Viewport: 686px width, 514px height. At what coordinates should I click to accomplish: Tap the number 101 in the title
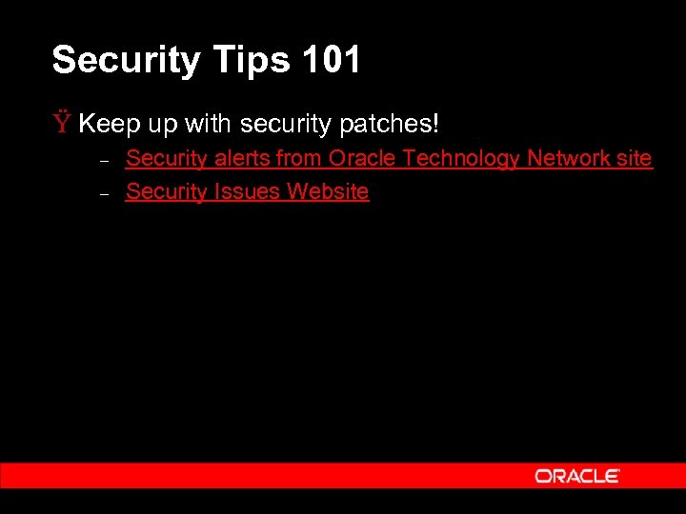[x=331, y=60]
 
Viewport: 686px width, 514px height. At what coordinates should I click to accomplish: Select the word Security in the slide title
[x=124, y=61]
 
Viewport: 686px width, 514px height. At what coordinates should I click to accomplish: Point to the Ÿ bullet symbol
[x=62, y=123]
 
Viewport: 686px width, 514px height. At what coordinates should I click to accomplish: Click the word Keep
[x=108, y=124]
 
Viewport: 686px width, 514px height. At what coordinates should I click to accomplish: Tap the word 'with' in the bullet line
[x=209, y=124]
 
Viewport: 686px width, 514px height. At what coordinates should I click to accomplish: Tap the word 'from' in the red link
[x=299, y=158]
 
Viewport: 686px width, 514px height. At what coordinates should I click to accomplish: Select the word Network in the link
[x=570, y=158]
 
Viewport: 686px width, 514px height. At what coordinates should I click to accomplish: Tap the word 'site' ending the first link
[x=635, y=158]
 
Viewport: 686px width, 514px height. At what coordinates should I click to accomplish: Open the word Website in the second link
[x=328, y=191]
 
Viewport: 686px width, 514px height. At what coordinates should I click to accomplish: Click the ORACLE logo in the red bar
[x=577, y=475]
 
